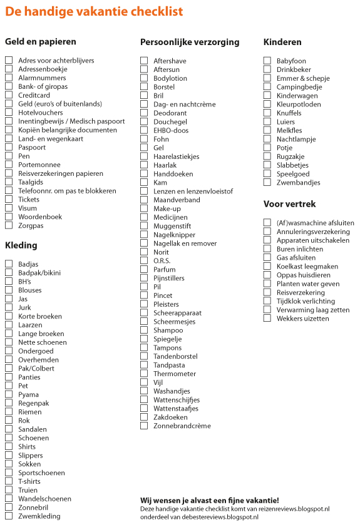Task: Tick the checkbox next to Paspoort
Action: pos(9,147)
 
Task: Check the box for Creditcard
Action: pos(9,95)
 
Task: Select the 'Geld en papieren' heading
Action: pos(41,41)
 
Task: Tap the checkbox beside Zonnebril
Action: pos(9,508)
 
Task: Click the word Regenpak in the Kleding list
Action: pos(33,403)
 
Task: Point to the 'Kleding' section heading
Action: pos(21,245)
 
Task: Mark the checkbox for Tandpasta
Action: pos(144,365)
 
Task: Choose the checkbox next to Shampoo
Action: pos(144,330)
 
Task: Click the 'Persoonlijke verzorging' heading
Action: pos(190,42)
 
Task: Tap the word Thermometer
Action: pos(175,374)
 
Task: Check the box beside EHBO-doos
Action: pos(144,130)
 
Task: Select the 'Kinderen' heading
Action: pos(283,42)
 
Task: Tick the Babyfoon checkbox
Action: pos(267,61)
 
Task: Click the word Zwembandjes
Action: pos(298,183)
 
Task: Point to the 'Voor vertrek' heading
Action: pos(290,204)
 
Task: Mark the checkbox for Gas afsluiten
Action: pos(267,257)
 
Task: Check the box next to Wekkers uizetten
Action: pos(267,319)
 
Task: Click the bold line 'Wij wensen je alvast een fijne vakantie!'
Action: pos(210,500)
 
